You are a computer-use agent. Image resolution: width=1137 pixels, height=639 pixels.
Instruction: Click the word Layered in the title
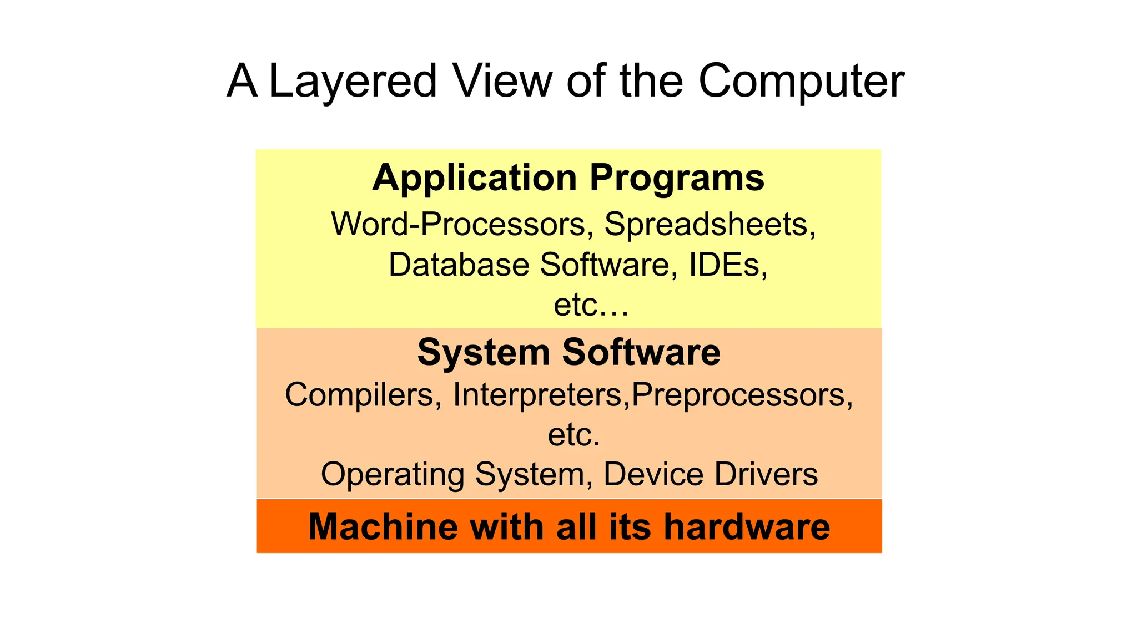click(353, 82)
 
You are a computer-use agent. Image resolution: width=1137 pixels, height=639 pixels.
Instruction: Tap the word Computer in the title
click(801, 82)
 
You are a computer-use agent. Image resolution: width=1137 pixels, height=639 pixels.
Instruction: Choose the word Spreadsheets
click(710, 225)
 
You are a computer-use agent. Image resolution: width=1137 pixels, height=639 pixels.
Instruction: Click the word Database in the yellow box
click(459, 265)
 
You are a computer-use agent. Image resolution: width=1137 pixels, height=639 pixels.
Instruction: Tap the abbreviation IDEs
click(728, 265)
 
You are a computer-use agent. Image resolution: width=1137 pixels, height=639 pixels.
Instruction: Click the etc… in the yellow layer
click(591, 305)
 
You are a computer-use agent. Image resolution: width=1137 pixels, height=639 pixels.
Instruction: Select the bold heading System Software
click(568, 352)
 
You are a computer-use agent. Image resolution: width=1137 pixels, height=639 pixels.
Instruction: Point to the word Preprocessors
click(742, 395)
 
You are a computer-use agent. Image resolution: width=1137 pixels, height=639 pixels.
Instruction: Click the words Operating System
click(453, 474)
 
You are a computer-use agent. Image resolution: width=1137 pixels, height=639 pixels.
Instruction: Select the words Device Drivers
click(710, 474)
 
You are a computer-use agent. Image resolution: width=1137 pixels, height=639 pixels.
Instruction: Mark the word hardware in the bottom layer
click(747, 526)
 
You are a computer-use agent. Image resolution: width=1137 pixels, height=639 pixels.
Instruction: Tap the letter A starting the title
click(242, 81)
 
